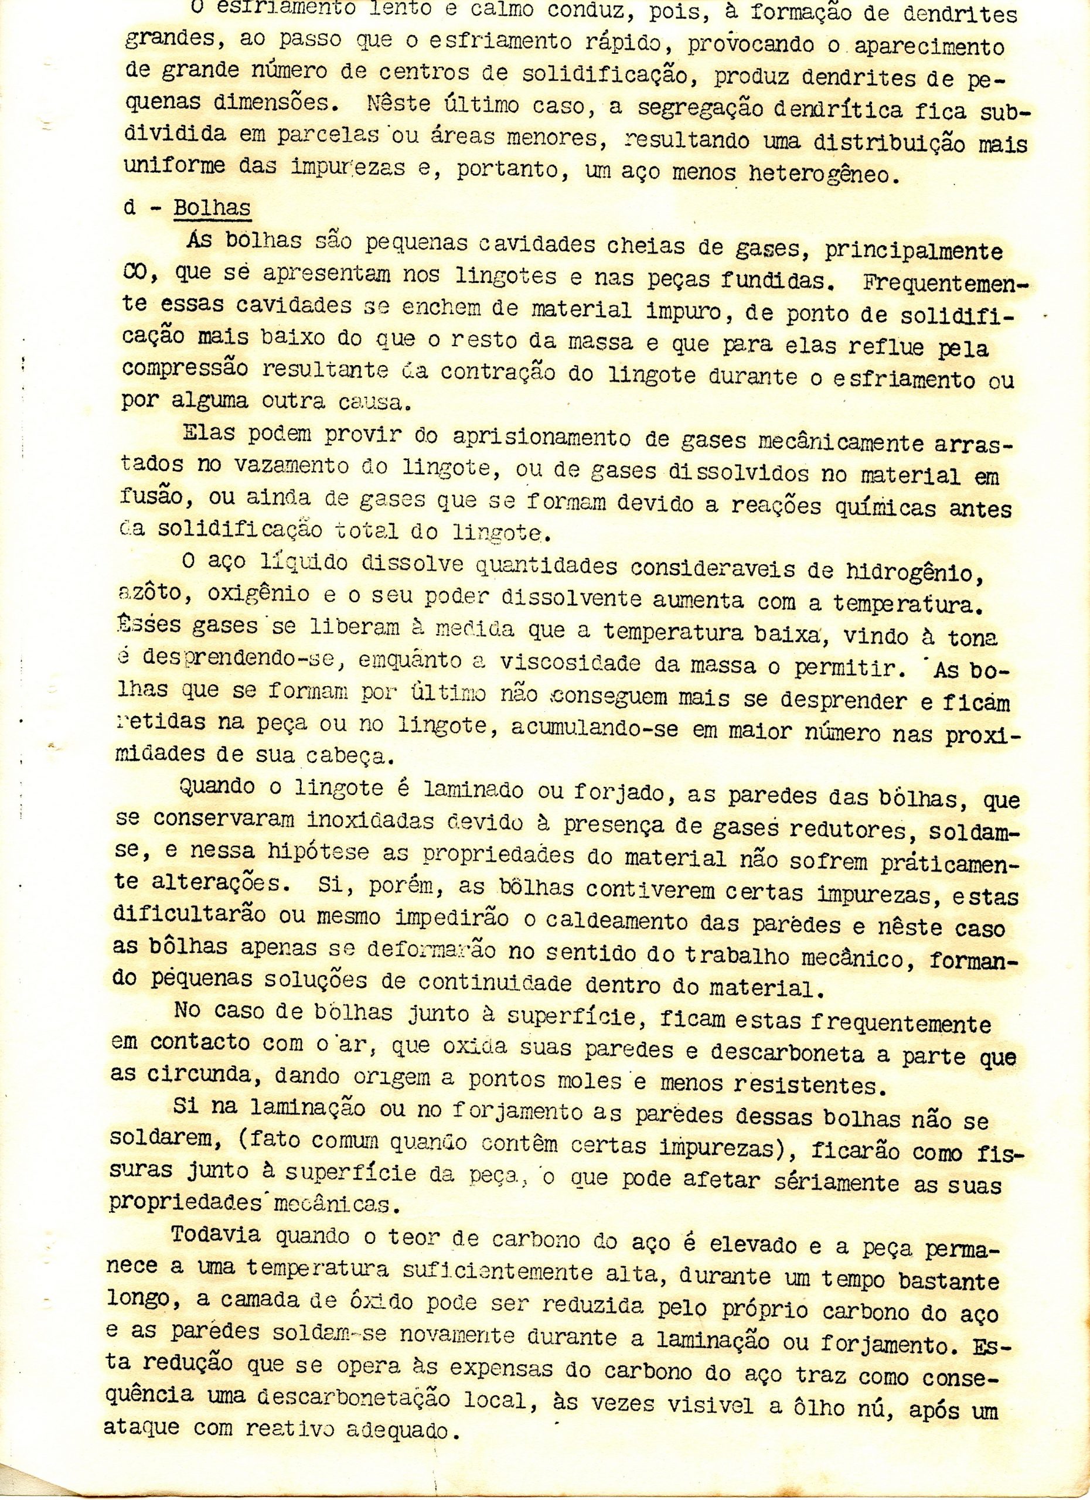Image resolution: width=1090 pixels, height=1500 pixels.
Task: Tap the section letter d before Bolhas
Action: coord(129,207)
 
